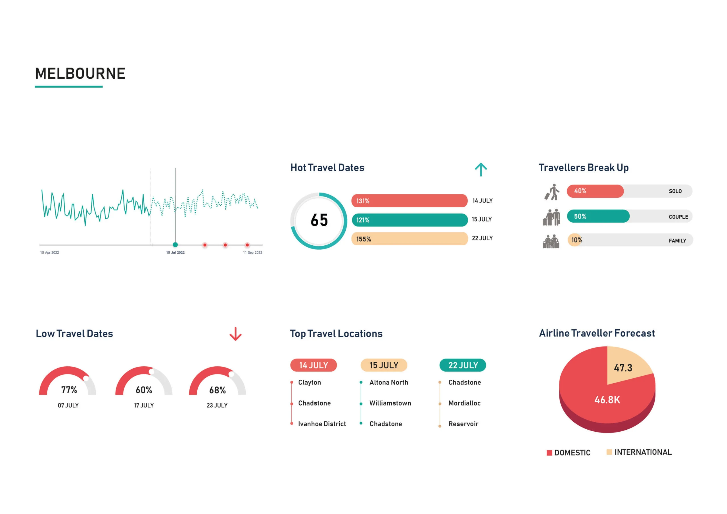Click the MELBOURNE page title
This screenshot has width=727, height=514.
[80, 74]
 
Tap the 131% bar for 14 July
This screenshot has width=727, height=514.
[409, 201]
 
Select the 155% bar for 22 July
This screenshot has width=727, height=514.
[409, 239]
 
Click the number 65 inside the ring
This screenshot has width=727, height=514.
[319, 220]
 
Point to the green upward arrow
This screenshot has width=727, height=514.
[481, 170]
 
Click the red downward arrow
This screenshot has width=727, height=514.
[235, 334]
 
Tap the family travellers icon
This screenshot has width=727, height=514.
[551, 241]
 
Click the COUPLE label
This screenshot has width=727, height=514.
[678, 217]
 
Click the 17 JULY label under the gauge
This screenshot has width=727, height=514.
[144, 405]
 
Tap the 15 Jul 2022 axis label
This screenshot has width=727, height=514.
[175, 252]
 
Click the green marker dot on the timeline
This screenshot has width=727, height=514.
[175, 245]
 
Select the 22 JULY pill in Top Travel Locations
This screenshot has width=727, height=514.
[463, 365]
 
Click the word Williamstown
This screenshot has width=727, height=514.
[390, 403]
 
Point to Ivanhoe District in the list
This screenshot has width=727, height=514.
[322, 424]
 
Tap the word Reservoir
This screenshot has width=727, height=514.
[463, 424]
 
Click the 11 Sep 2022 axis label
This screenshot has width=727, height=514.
[252, 252]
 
